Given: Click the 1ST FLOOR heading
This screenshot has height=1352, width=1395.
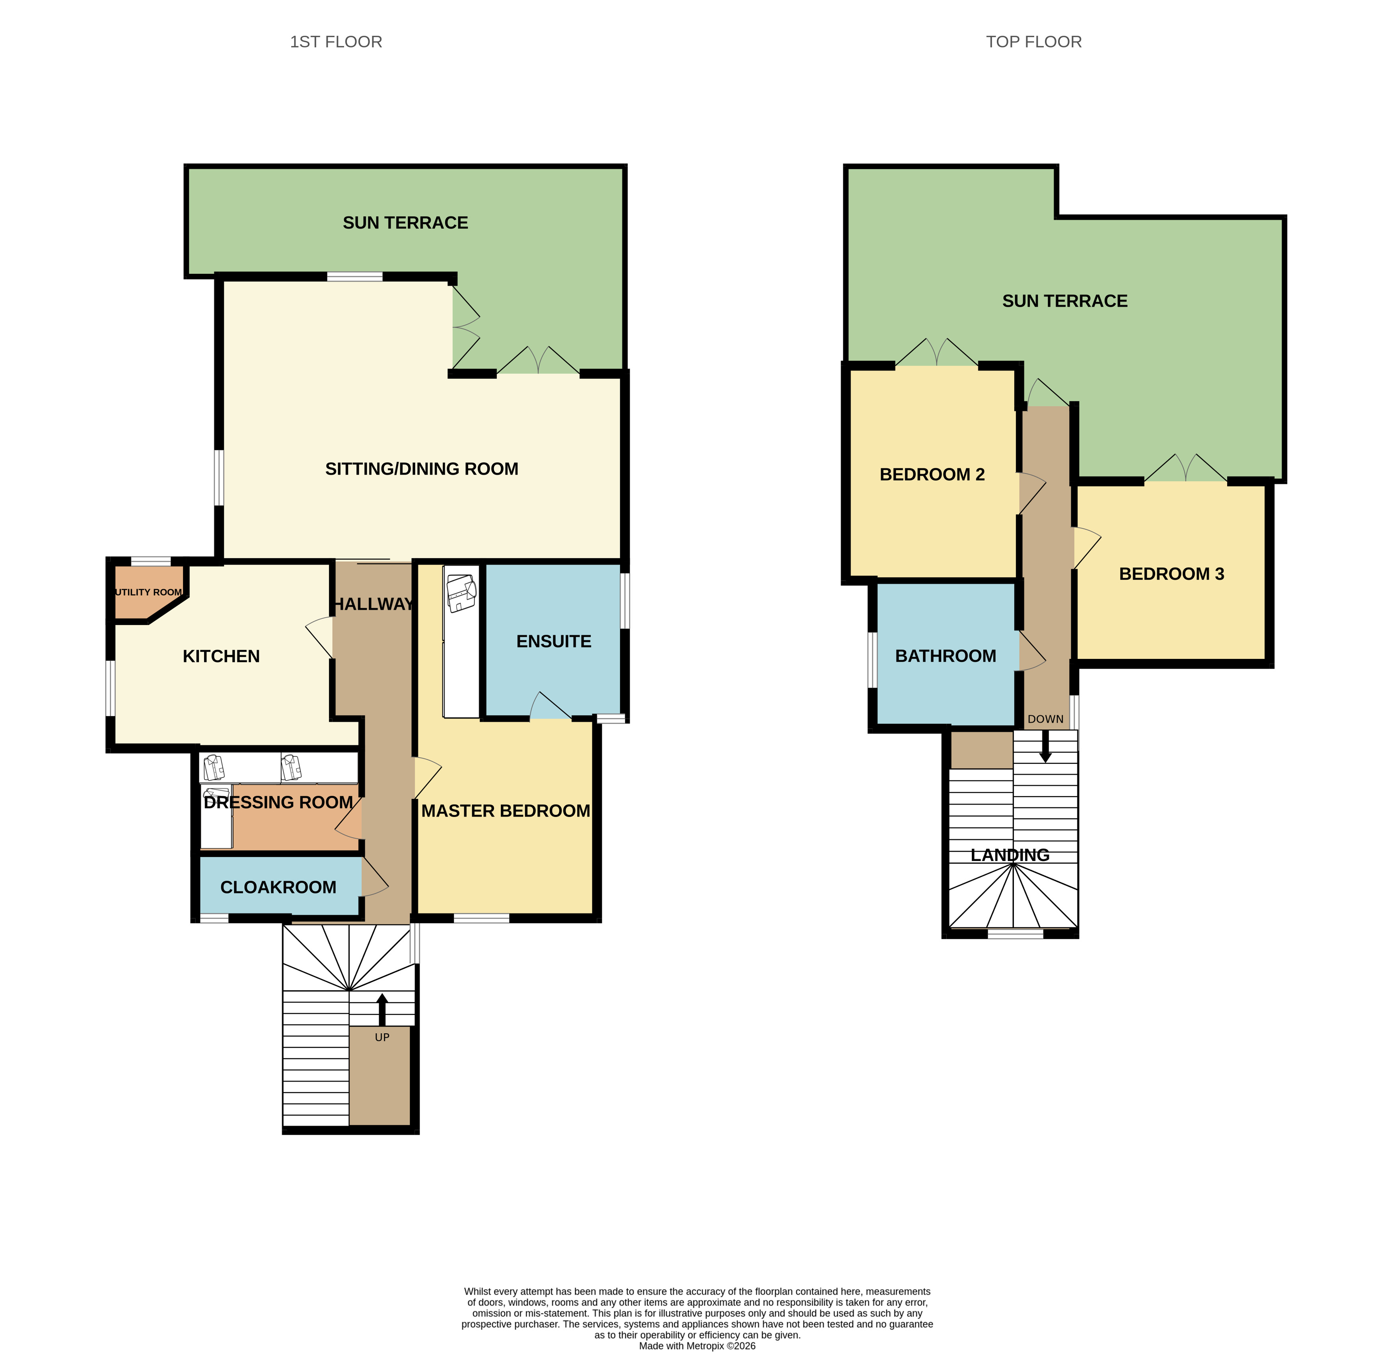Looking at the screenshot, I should point(336,42).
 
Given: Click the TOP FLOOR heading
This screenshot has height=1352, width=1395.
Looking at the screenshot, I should point(1033,42).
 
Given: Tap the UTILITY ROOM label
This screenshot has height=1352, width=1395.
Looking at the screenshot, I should point(148,592).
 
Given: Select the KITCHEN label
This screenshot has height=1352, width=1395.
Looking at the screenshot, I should point(221,657).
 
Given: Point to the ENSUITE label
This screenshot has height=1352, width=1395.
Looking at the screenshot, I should point(554,641).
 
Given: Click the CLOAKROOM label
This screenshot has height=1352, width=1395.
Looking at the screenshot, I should point(278,887).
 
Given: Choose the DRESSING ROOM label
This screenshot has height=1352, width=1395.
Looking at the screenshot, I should point(278,803).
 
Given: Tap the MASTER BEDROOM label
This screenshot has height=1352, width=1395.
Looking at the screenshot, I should point(505,811).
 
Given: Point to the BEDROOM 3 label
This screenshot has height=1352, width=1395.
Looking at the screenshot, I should point(1171,574).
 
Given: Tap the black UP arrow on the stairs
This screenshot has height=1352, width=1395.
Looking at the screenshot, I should point(382,1009).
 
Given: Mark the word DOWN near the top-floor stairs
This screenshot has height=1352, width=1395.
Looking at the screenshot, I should point(1045,719).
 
